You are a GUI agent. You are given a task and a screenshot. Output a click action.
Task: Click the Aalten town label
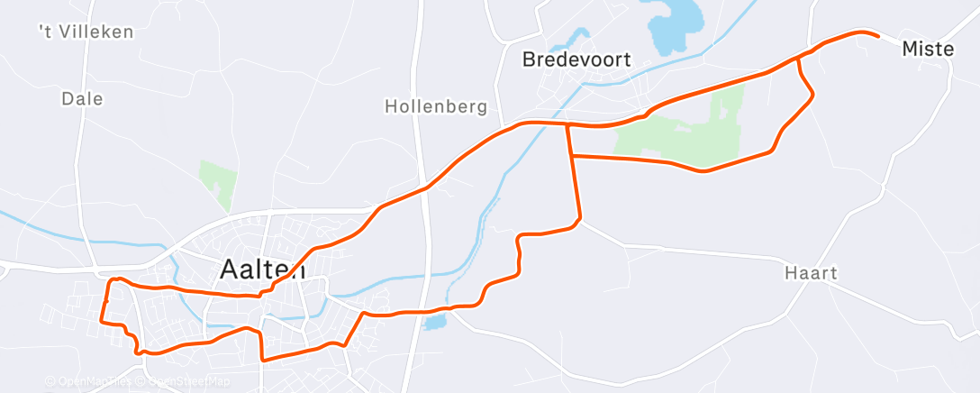click(263, 270)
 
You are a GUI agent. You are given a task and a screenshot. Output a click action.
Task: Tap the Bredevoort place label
click(576, 60)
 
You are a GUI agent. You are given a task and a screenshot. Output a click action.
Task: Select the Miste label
click(927, 50)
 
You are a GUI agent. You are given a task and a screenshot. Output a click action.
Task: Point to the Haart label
click(811, 273)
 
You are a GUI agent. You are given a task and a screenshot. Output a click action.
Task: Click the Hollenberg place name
click(436, 106)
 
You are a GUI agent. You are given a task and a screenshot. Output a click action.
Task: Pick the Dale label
click(83, 98)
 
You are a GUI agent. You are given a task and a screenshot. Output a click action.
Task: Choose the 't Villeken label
click(86, 32)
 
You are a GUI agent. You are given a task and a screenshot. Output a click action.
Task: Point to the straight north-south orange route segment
click(574, 171)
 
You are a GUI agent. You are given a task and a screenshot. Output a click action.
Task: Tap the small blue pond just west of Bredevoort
click(570, 41)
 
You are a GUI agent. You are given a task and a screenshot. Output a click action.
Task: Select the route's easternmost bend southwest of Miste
click(813, 95)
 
